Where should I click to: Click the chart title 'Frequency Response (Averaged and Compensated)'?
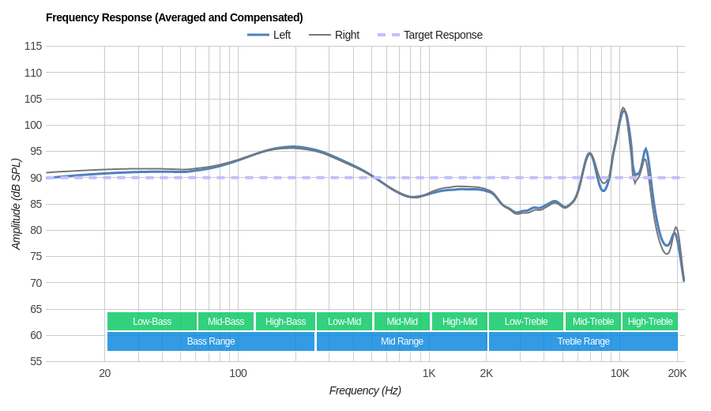pos(174,17)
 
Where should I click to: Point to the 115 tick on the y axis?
pos(33,46)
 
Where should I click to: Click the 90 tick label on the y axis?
pos(36,178)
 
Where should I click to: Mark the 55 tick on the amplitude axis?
pos(36,361)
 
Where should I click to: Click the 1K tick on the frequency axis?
pos(429,373)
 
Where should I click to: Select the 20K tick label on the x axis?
pos(677,373)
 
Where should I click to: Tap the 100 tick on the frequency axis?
pos(238,373)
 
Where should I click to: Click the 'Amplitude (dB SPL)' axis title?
pos(16,204)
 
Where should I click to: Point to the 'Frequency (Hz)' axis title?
pos(365,390)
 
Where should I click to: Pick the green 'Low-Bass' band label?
pos(152,321)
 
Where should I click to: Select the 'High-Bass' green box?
pos(285,321)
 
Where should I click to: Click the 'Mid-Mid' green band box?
pos(402,321)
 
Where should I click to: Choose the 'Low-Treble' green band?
pos(525,321)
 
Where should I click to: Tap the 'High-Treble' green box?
pos(649,321)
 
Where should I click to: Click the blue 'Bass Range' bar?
pos(211,341)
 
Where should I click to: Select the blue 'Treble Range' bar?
pos(583,341)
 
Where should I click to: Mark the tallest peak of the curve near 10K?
pos(623,109)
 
